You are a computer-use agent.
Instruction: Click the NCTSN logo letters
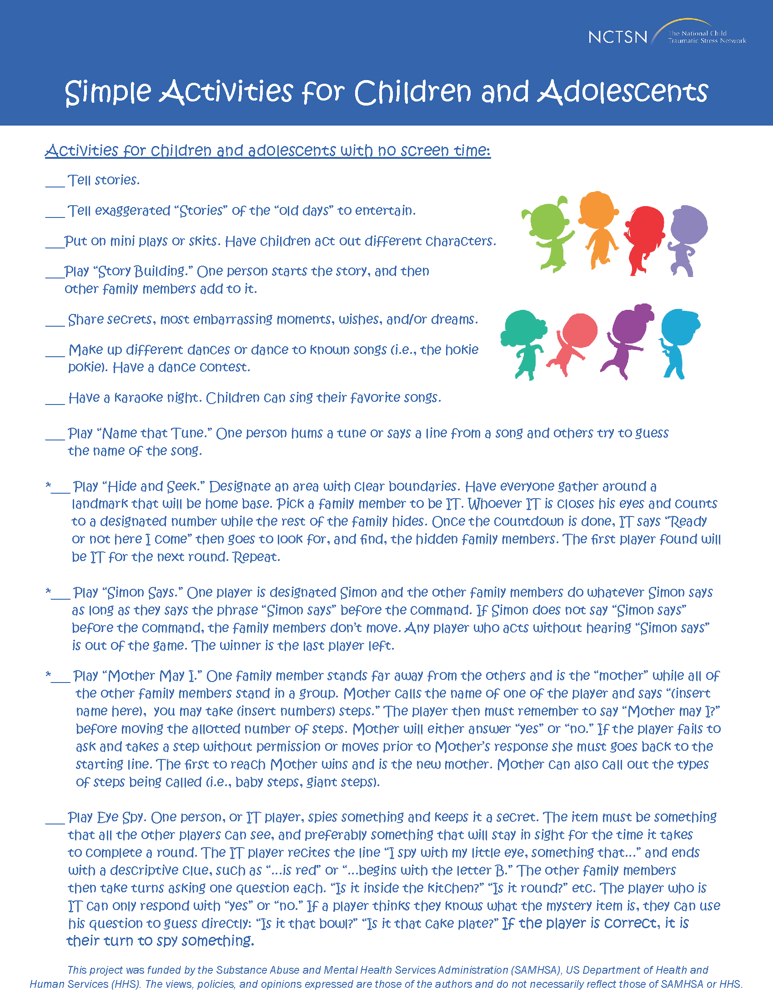click(617, 37)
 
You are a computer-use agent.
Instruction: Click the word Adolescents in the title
click(622, 91)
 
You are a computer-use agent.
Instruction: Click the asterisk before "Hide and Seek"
click(48, 485)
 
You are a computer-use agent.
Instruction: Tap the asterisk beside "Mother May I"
click(48, 674)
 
